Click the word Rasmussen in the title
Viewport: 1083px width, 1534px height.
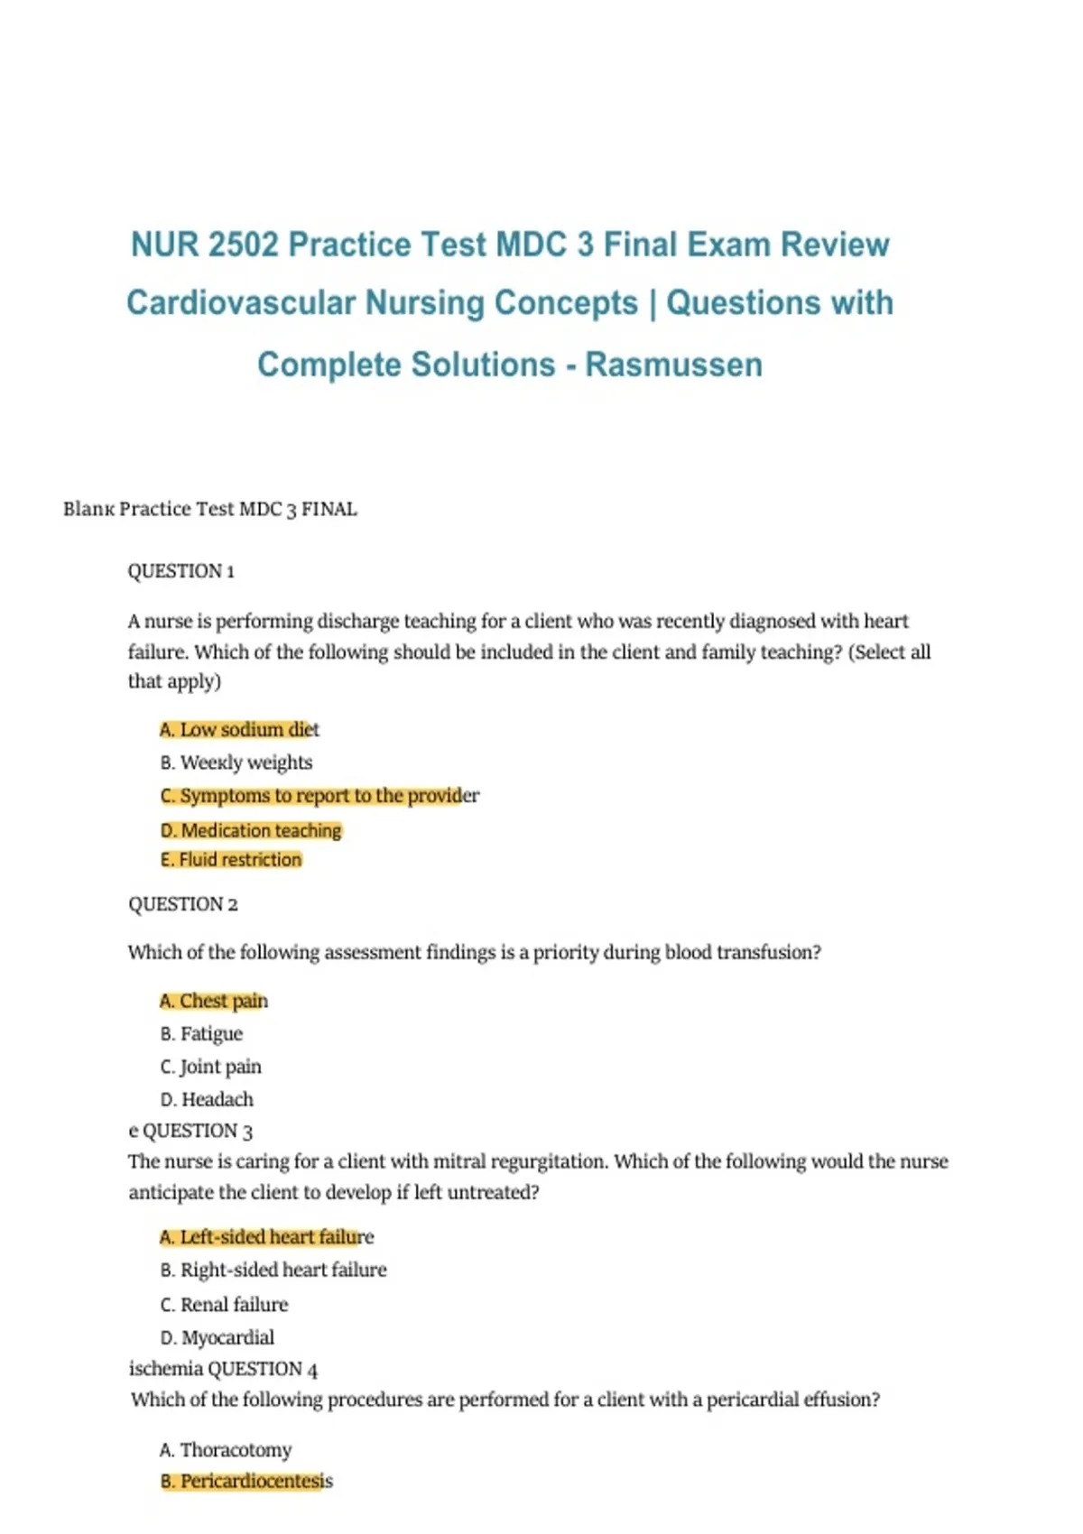click(673, 365)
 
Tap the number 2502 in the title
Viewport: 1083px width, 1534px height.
click(243, 245)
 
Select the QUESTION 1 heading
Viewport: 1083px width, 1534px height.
click(180, 571)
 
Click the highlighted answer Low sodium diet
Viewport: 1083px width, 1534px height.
click(239, 729)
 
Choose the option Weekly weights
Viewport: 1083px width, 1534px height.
click(236, 762)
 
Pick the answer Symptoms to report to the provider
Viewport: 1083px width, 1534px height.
click(319, 796)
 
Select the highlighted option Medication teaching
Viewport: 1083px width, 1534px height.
click(251, 830)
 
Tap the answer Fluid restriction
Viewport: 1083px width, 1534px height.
click(231, 860)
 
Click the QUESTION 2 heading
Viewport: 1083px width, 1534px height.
click(182, 904)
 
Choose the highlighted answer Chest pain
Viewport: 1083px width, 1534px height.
click(214, 1001)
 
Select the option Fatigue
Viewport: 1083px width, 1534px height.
click(201, 1034)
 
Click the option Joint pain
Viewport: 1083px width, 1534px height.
click(211, 1067)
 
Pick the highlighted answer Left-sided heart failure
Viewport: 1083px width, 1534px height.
click(266, 1237)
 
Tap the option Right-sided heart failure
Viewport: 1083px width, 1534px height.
click(273, 1270)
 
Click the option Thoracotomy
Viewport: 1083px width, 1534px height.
click(226, 1450)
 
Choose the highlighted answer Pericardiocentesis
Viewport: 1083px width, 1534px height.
click(246, 1481)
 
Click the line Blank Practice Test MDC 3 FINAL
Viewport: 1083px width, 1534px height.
click(210, 509)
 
